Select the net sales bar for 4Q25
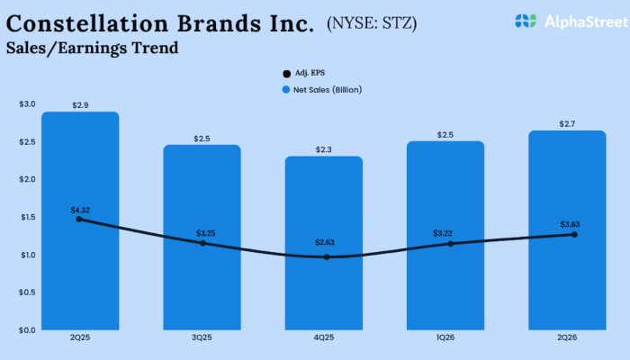tap(324, 288)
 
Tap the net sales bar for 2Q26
tap(567, 279)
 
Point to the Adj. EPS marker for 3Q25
tap(202, 243)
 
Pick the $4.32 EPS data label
tap(79, 210)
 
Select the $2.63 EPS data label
tap(324, 243)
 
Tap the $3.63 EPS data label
tap(567, 224)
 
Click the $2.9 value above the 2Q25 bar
tap(79, 105)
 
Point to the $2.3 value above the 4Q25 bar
tap(324, 149)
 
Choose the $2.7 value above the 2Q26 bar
tap(567, 123)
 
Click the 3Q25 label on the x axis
tap(202, 338)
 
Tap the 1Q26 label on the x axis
tap(445, 338)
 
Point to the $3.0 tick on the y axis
tap(27, 104)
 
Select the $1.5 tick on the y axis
tap(27, 217)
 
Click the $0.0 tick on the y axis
tap(27, 329)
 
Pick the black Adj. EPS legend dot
tap(285, 72)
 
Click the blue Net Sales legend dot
tap(285, 90)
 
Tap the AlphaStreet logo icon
tap(526, 20)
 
